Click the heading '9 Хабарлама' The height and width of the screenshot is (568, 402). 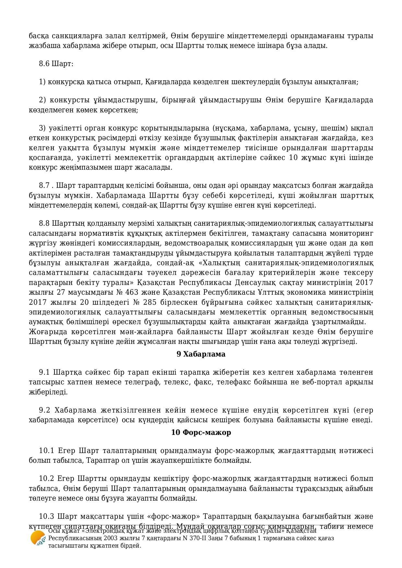201,354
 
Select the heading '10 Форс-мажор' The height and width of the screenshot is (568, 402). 201,433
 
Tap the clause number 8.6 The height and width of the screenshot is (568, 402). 44,63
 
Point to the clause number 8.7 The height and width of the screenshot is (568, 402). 44,186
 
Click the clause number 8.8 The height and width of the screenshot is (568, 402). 44,223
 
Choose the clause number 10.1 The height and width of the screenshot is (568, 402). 46,451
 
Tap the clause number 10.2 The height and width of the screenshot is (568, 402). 46,479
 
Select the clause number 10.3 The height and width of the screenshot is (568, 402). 46,516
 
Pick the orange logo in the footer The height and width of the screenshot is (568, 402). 38,538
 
